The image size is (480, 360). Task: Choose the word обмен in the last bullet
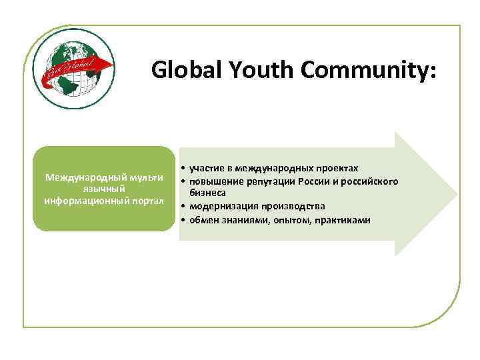[x=204, y=220]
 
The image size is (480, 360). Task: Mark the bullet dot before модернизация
[x=182, y=206]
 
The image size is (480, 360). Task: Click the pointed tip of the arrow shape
[x=457, y=194]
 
